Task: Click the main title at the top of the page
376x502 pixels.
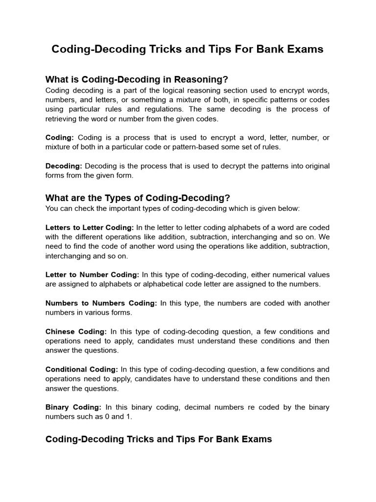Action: pos(188,50)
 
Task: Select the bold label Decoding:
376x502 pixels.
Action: pos(63,166)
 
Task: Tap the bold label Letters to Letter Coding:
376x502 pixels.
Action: pos(90,227)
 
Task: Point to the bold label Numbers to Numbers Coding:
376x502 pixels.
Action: pos(101,303)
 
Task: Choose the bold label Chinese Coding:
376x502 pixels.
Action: pos(76,331)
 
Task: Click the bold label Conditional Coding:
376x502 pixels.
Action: pos(82,369)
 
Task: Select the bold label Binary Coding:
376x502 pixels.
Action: pos(73,407)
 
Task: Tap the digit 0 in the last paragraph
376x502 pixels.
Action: pos(112,417)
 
